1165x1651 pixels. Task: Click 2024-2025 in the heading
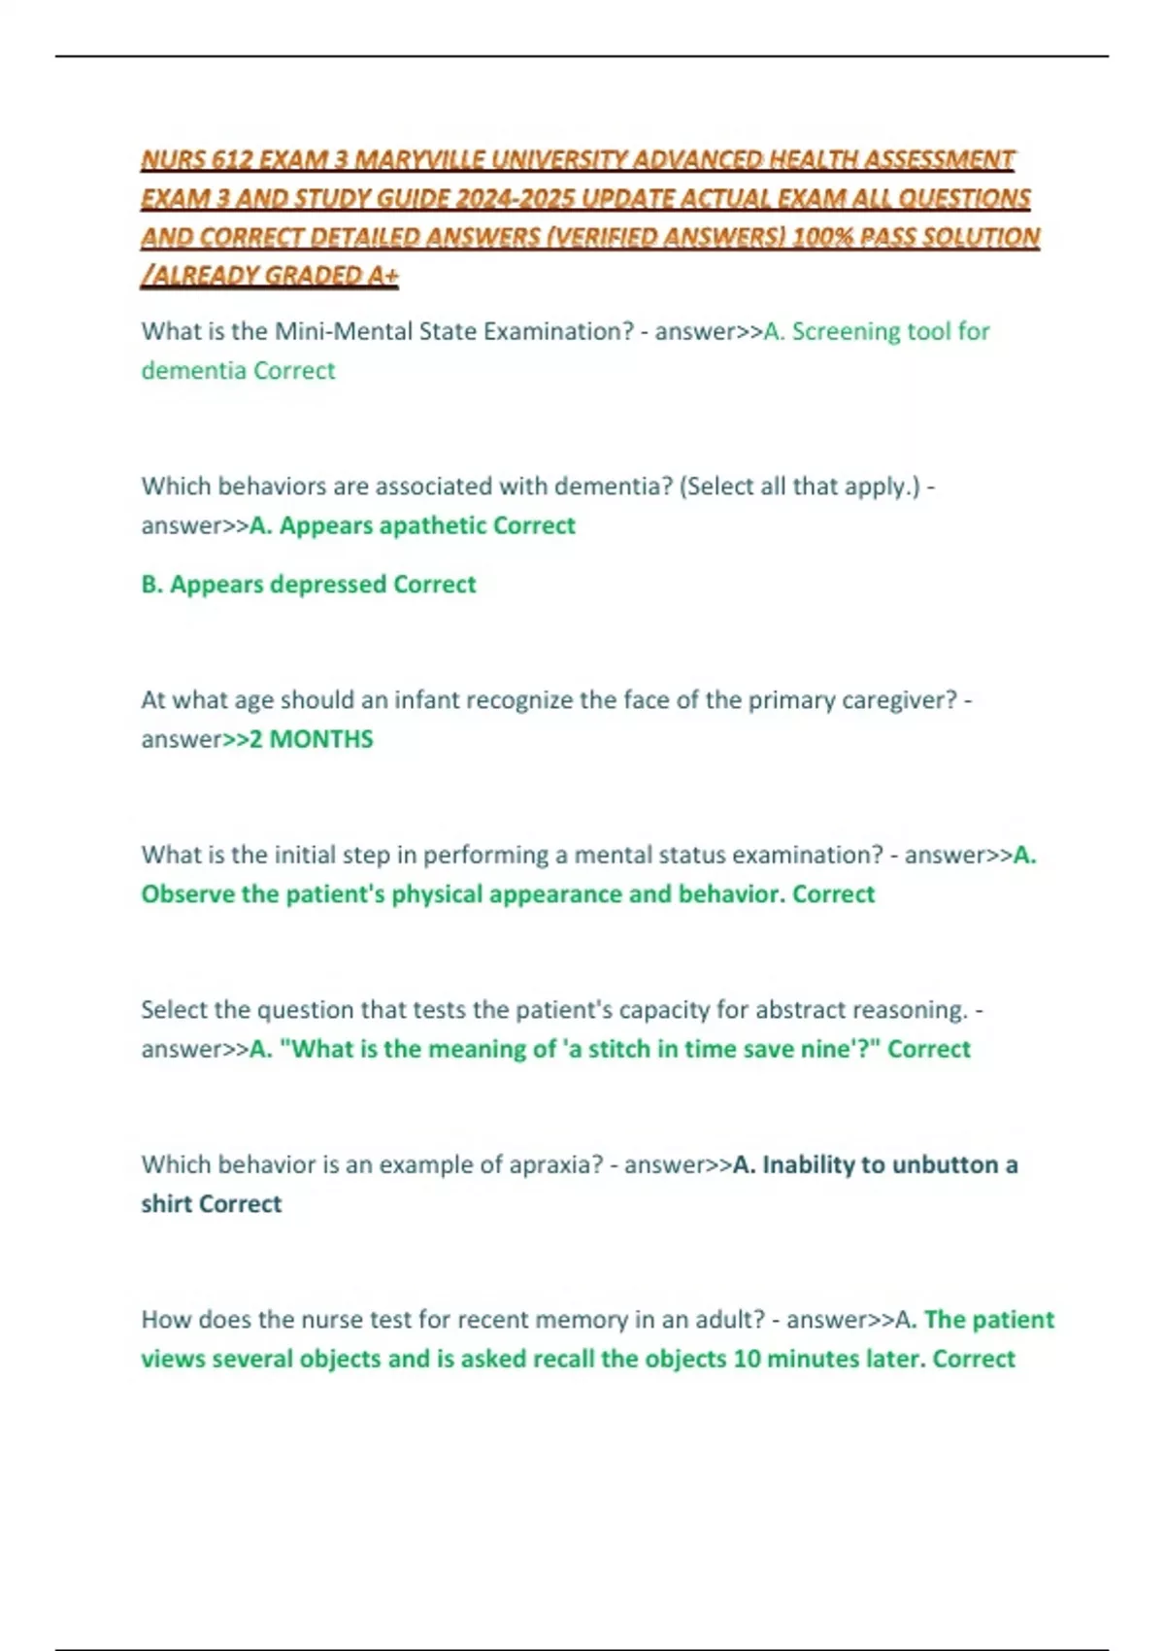point(512,198)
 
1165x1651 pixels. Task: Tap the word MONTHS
point(321,739)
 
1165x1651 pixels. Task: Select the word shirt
point(166,1204)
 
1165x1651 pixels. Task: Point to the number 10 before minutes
point(747,1359)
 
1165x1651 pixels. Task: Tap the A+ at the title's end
point(383,276)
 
